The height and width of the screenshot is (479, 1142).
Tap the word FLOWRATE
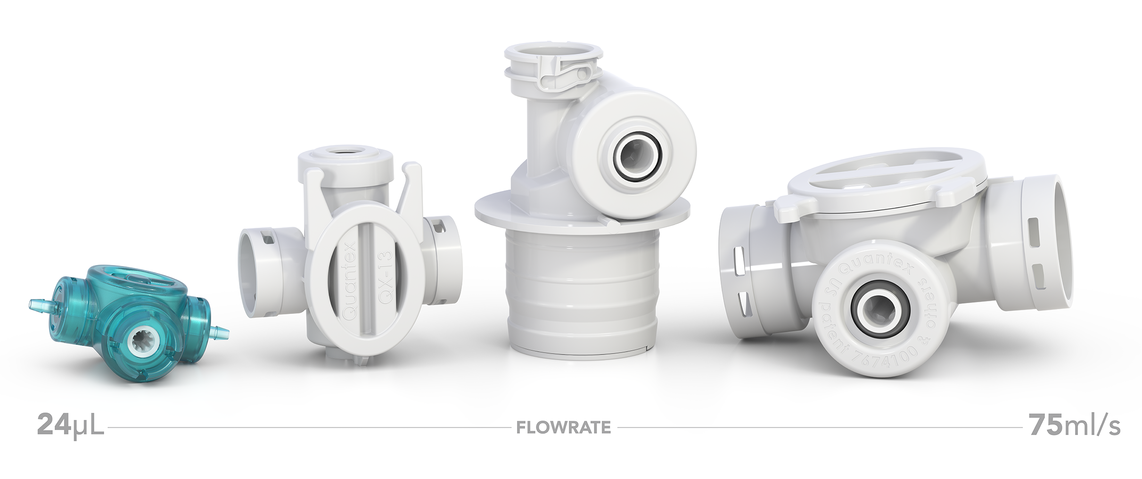[x=563, y=428]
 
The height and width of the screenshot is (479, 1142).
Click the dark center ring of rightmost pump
[x=870, y=311]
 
